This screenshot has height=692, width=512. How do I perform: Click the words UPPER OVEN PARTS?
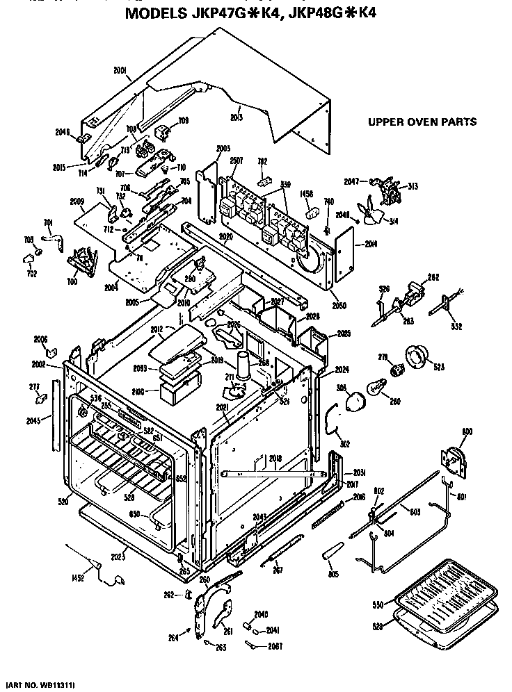pos(422,122)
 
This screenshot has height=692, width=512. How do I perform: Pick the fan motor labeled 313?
pos(390,187)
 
